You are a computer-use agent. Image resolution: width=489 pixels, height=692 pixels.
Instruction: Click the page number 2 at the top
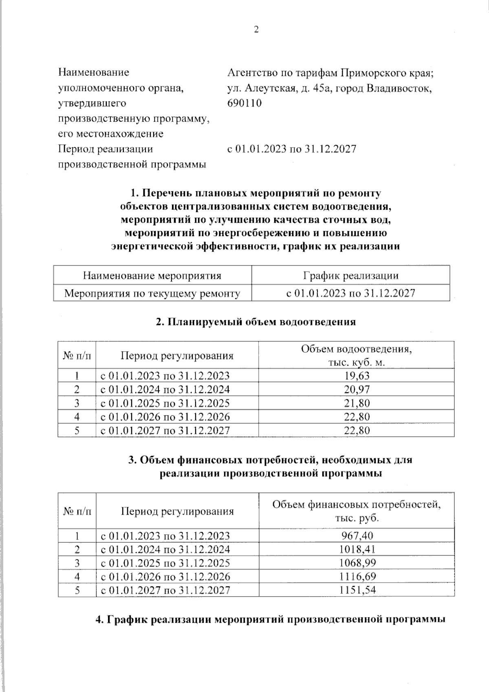[256, 30]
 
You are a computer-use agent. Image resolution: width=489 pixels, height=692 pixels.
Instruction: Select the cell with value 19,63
[357, 375]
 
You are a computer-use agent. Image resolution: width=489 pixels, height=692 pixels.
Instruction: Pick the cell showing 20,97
[357, 389]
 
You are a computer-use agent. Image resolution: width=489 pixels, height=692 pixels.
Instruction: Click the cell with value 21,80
[357, 403]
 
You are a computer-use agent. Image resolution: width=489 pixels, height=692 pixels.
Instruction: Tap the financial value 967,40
[357, 535]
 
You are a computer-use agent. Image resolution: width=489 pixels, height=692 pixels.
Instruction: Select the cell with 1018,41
[357, 549]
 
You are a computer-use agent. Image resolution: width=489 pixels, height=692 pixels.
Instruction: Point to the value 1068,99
[357, 563]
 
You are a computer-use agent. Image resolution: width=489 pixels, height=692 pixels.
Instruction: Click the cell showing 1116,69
[357, 576]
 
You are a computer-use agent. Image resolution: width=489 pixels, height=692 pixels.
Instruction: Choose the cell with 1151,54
[357, 590]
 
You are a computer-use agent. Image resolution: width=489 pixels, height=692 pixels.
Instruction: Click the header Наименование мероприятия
[152, 276]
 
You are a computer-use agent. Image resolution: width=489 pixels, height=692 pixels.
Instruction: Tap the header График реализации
[350, 276]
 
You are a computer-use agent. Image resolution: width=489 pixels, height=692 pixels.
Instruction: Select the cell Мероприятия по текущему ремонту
[152, 293]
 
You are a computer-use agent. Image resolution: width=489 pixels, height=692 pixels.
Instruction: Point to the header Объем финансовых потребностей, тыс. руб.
[357, 511]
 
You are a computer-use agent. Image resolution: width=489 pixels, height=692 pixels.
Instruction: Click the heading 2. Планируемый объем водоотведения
[256, 322]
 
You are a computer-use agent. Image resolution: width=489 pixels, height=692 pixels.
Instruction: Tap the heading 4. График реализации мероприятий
[269, 619]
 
